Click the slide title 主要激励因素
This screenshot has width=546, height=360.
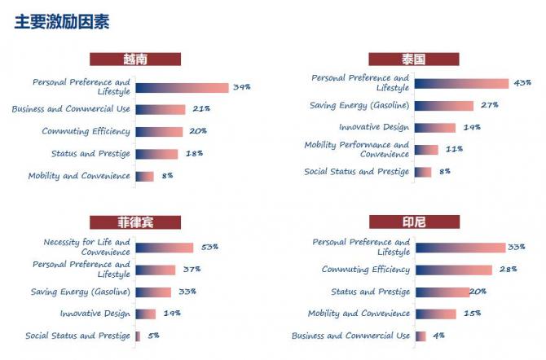[x=62, y=22]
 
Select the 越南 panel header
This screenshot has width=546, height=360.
[x=134, y=59]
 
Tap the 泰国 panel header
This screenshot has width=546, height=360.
[x=413, y=59]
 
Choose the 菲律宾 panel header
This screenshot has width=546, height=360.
[x=134, y=222]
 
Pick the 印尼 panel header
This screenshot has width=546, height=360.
[x=413, y=222]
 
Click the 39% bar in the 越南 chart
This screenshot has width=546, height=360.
[x=182, y=88]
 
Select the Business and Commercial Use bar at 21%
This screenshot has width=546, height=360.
[x=160, y=109]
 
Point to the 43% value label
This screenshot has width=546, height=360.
[x=522, y=83]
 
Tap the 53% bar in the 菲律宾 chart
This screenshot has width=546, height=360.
[x=164, y=248]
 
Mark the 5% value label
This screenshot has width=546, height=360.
[x=153, y=336]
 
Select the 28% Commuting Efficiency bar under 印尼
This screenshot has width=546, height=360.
[x=454, y=270]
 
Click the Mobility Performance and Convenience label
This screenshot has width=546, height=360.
[x=357, y=150]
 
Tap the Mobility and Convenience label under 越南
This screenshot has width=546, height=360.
[x=79, y=176]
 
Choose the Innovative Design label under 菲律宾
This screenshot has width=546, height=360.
[x=95, y=314]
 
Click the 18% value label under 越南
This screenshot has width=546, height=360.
[x=194, y=153]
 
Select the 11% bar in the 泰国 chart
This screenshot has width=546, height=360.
[x=426, y=150]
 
